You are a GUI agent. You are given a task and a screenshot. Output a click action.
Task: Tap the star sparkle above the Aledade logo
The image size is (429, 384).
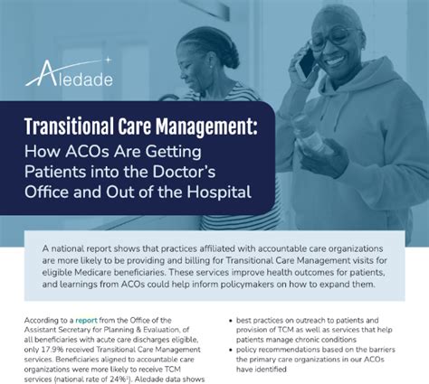pyautogui.click(x=107, y=60)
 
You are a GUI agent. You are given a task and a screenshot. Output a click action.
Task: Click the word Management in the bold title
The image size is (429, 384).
pyautogui.click(x=206, y=126)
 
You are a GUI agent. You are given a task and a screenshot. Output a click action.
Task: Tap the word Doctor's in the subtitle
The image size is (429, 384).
pyautogui.click(x=184, y=172)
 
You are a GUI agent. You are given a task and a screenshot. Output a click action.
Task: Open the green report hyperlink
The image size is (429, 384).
pyautogui.click(x=86, y=320)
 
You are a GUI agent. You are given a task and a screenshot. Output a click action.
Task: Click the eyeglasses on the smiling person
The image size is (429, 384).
pyautogui.click(x=335, y=39)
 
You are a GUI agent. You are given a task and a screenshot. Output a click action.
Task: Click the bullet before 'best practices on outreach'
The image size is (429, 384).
pyautogui.click(x=231, y=321)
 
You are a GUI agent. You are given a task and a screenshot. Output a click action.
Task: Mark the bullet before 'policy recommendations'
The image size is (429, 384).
pyautogui.click(x=231, y=350)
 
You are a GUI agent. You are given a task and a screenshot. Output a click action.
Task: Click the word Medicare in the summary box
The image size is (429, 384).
pyautogui.click(x=96, y=272)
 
